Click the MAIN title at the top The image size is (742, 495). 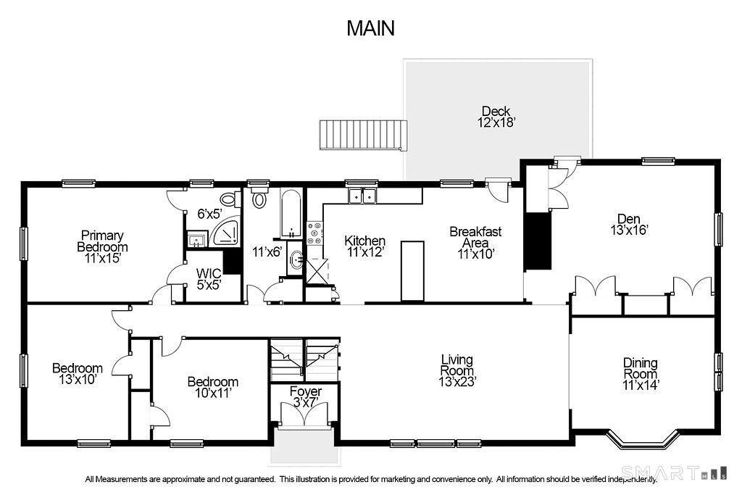tap(370, 28)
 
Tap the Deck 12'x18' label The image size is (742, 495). tap(496, 117)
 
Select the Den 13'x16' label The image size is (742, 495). tap(629, 225)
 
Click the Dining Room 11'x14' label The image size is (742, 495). tap(641, 374)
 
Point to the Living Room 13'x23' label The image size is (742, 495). tap(457, 370)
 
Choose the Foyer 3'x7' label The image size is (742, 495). tap(306, 396)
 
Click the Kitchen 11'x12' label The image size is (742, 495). tap(365, 246)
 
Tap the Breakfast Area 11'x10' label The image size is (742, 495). tap(475, 243)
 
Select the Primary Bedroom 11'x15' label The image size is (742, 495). tap(103, 246)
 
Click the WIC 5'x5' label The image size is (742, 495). tap(209, 279)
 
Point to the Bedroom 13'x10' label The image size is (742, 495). tap(78, 373)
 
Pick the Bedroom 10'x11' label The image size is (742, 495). tap(213, 387)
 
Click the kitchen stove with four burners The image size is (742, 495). tap(314, 233)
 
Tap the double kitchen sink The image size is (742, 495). tap(362, 196)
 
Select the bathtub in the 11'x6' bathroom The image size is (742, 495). tap(290, 213)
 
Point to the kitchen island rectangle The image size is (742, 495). tap(412, 270)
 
